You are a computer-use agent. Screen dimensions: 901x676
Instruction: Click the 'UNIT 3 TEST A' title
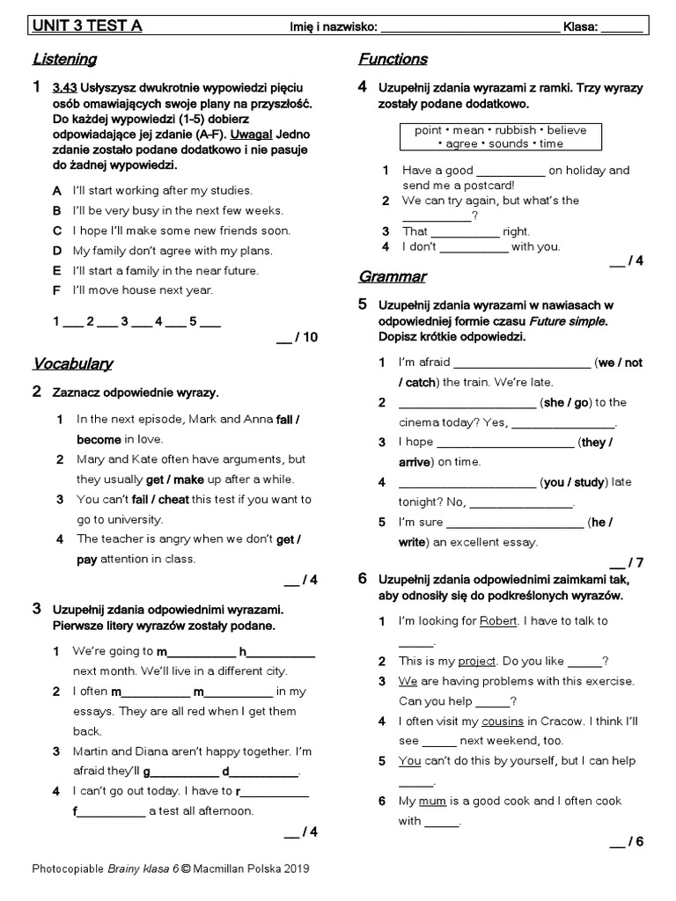(87, 26)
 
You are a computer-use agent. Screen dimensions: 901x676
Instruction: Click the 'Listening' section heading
(64, 60)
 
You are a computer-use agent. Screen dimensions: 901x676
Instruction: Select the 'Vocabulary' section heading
(72, 363)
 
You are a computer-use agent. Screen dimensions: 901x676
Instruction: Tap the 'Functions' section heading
(393, 60)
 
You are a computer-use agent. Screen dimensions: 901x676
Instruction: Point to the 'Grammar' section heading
(392, 277)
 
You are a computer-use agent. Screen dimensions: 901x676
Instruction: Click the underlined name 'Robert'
(498, 621)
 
